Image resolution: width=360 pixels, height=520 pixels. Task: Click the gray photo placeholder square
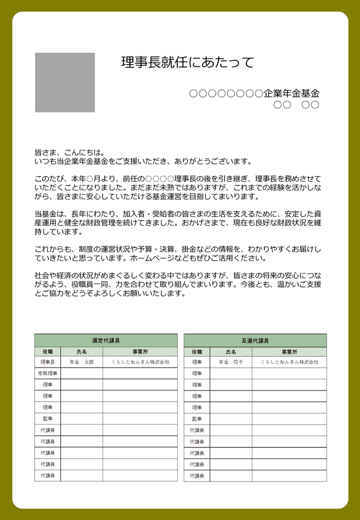(64, 82)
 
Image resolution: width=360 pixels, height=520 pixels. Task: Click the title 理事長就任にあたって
(187, 63)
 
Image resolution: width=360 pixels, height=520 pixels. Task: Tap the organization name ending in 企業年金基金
(254, 93)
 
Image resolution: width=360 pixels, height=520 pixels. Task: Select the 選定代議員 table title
(106, 340)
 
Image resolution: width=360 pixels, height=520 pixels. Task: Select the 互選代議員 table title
(255, 340)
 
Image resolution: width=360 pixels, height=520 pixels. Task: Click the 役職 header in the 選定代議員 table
(47, 351)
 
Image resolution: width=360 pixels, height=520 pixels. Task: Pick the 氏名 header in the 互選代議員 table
(231, 351)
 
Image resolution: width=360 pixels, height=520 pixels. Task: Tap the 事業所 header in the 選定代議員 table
(140, 351)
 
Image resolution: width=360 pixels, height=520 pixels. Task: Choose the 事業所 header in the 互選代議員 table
(289, 351)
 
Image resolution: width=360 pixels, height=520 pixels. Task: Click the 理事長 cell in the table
(47, 362)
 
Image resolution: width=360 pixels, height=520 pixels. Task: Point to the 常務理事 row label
(47, 373)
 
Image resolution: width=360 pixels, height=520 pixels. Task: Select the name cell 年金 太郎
(81, 362)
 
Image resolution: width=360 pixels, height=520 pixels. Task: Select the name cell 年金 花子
(231, 362)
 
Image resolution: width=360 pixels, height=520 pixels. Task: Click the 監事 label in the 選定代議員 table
(47, 419)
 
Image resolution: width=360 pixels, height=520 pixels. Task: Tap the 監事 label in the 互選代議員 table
(197, 419)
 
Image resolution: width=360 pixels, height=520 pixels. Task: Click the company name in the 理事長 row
(140, 362)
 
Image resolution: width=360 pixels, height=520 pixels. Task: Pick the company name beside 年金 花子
(289, 362)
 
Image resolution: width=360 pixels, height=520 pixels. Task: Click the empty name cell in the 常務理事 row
(81, 373)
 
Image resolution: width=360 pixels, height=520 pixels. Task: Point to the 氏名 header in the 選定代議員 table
(81, 351)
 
